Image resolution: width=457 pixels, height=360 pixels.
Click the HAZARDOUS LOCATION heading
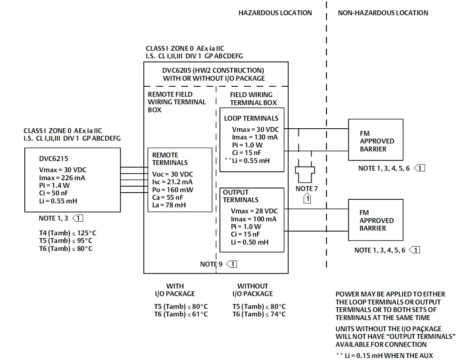[275, 13]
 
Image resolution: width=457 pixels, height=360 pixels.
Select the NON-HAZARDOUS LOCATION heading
[383, 13]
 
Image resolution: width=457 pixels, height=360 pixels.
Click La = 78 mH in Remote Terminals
[169, 205]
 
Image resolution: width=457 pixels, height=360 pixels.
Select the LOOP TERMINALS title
[251, 118]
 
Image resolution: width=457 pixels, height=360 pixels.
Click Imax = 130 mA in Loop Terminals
[254, 137]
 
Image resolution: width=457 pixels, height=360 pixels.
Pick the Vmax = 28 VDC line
[254, 211]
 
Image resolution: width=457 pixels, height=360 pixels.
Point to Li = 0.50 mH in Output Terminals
[249, 242]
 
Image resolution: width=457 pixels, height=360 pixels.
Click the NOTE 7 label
[307, 188]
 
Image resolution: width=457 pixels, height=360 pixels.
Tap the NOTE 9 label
[211, 264]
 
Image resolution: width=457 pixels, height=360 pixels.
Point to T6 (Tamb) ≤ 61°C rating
[181, 314]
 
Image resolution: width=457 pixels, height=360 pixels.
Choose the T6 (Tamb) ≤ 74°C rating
[259, 314]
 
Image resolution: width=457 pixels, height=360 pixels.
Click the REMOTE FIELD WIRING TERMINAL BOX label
[177, 102]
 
